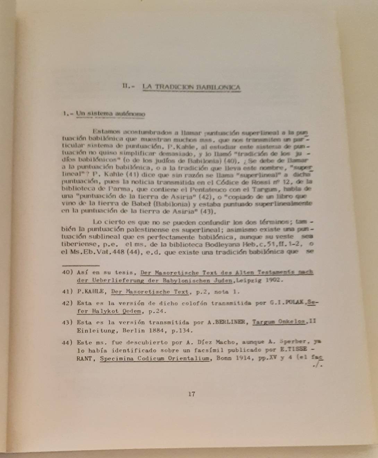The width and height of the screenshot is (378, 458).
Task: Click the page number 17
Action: pos(191,394)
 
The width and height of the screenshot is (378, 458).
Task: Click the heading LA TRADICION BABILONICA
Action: pos(191,87)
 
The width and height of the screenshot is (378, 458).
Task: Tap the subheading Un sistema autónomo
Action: pos(110,113)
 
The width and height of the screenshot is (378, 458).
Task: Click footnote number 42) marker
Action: pos(67,303)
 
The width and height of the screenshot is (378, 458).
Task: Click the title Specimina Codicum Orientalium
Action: pos(155,359)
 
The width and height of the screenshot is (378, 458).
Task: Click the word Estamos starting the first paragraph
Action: pos(106,132)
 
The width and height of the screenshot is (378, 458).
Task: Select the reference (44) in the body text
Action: pos(133,252)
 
